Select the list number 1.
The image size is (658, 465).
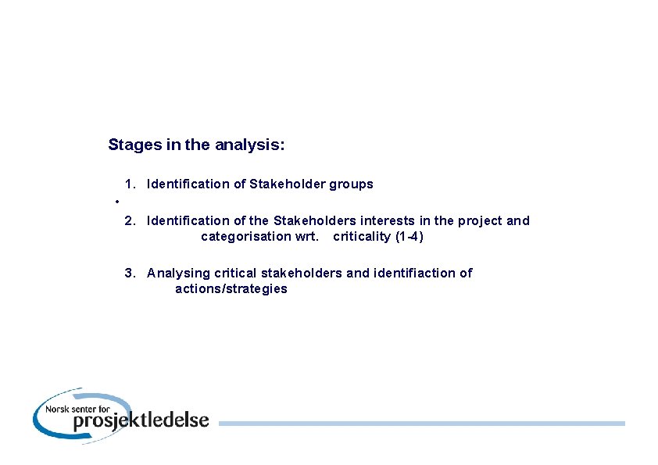coord(130,184)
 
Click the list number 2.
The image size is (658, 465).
coord(130,221)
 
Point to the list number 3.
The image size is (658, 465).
coord(130,273)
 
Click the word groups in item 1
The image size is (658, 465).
coord(351,184)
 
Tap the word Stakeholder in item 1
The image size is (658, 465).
coord(287,184)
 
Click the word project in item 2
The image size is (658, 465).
coord(480,221)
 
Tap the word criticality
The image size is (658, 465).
coord(362,237)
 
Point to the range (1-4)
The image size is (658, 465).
coord(409,237)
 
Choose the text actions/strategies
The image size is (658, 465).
coord(231,289)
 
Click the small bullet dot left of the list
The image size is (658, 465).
coord(116,202)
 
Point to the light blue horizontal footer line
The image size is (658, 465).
coord(422,424)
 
